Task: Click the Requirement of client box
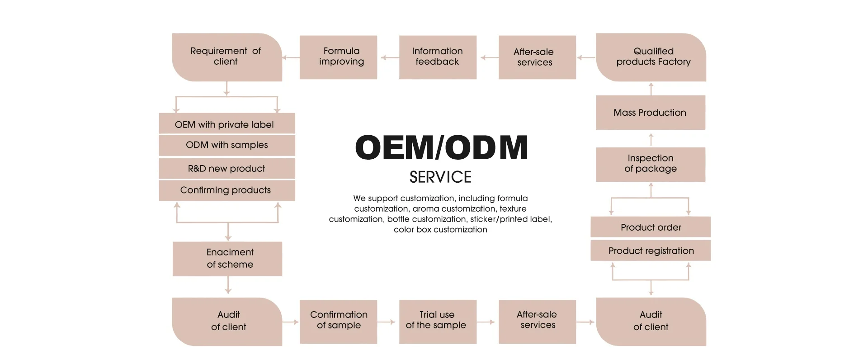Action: (226, 57)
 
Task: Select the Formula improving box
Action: (338, 57)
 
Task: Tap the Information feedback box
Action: (438, 57)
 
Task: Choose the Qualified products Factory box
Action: (651, 57)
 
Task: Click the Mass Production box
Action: (650, 113)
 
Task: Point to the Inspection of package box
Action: (650, 164)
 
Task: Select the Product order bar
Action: (651, 227)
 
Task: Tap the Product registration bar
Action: (651, 251)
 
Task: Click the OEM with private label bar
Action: (226, 124)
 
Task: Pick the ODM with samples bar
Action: (226, 145)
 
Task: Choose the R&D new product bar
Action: (226, 168)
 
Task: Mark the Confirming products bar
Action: (226, 190)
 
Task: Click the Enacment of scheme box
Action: (227, 259)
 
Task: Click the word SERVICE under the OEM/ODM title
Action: (440, 177)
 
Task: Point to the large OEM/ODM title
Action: (441, 147)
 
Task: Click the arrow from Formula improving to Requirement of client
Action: (291, 57)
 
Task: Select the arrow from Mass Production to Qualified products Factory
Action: (651, 89)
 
